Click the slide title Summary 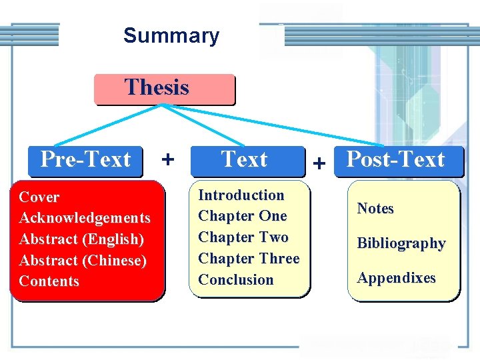171,35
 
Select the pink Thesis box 164,89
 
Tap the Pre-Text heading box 86,161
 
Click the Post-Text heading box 397,161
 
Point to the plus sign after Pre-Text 168,159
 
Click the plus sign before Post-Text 320,163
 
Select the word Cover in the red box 39,197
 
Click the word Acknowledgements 85,218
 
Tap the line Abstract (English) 81,239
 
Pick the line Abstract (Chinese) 83,260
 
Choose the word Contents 49,281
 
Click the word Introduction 241,195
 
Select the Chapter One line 243,216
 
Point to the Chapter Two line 243,237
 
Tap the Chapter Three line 249,259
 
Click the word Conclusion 236,280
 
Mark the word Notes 375,209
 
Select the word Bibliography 401,243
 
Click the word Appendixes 396,278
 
